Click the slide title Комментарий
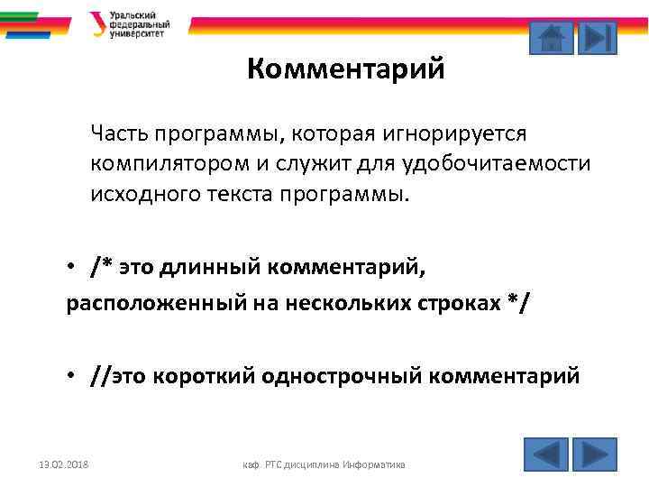tap(346, 69)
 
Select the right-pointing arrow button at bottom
tap(595, 454)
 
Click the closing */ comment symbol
tap(518, 305)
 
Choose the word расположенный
tap(135, 305)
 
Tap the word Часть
tap(119, 133)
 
